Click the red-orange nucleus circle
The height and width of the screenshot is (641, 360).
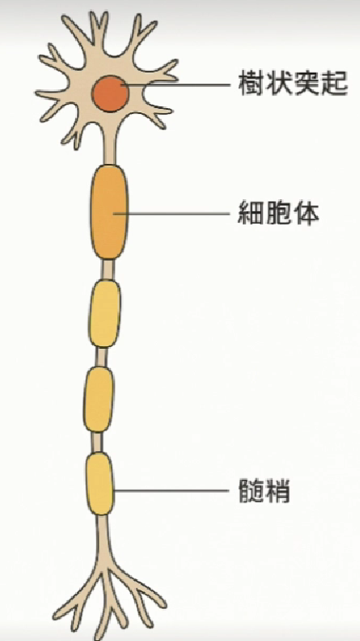[111, 94]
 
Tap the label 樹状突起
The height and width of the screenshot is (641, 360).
[293, 84]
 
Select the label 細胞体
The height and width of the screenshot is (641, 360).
[279, 213]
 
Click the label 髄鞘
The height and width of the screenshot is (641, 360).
[264, 491]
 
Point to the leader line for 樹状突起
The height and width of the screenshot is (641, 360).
[176, 85]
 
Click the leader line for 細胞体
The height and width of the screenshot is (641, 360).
[172, 213]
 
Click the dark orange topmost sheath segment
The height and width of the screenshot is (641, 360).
[109, 212]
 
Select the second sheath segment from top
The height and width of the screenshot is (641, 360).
[105, 313]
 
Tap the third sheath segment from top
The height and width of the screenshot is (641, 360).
[99, 399]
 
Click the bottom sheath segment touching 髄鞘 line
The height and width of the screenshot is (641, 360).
[100, 484]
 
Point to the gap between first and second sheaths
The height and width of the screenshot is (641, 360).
[107, 269]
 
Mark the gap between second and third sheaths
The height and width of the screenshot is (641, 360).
[101, 357]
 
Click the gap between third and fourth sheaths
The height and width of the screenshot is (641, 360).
[97, 442]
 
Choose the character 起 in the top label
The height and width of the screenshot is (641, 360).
[335, 84]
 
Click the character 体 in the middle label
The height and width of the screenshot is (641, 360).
[307, 213]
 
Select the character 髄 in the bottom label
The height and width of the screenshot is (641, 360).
[251, 491]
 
